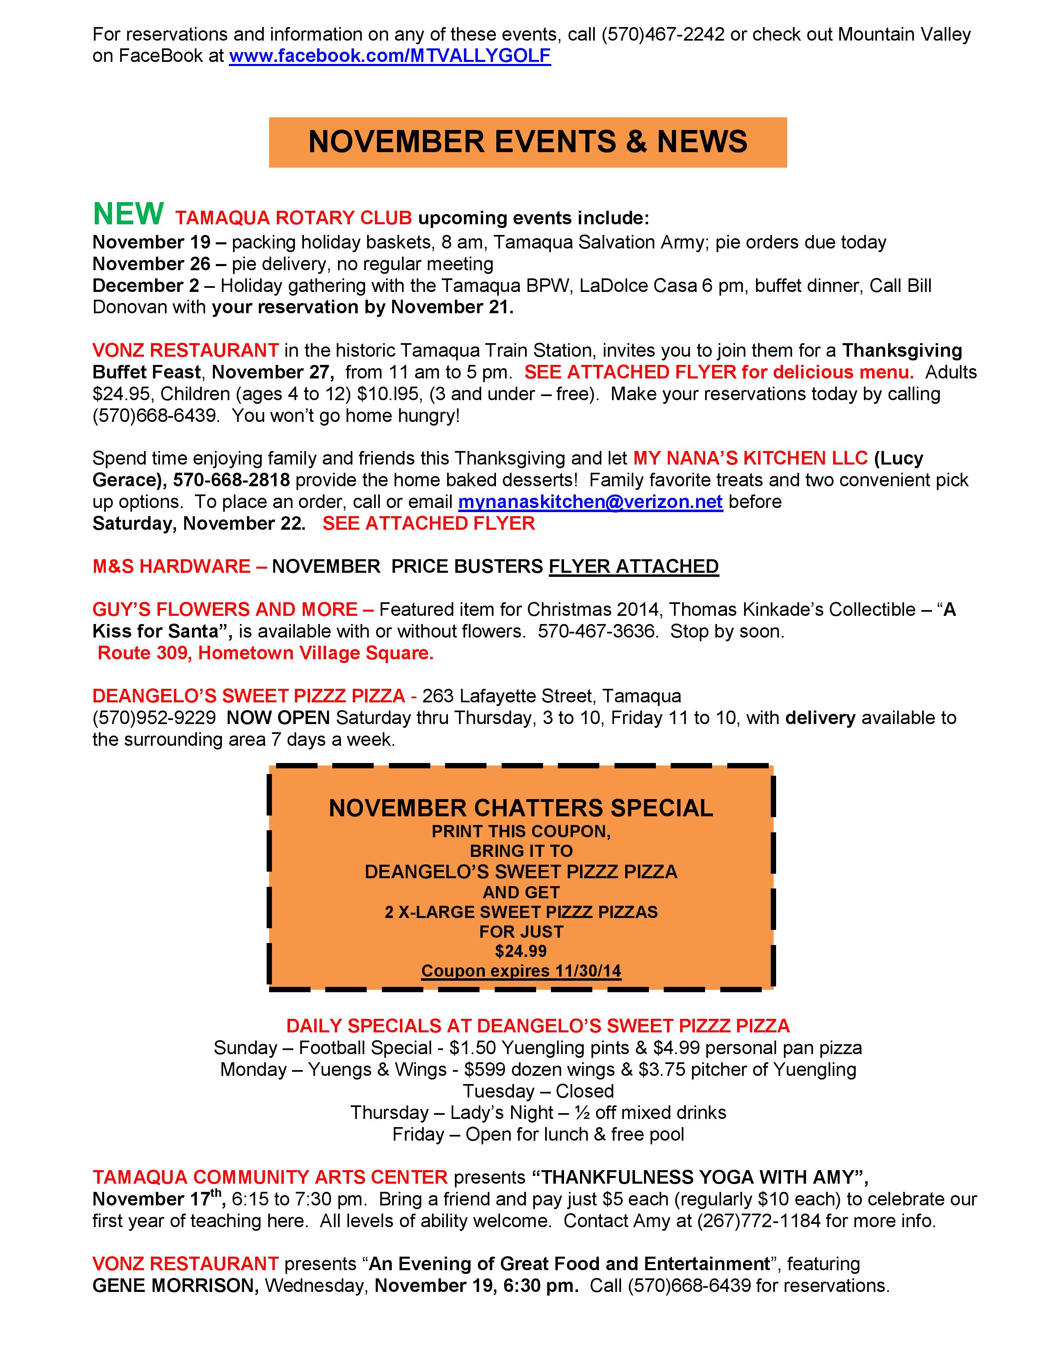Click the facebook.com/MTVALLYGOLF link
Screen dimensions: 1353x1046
[390, 57]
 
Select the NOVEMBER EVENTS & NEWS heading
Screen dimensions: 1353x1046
[528, 142]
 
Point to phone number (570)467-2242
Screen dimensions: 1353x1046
[662, 35]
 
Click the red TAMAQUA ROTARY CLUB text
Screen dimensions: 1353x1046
[293, 218]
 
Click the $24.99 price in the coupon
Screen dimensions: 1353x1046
[521, 950]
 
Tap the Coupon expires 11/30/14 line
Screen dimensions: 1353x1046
[521, 970]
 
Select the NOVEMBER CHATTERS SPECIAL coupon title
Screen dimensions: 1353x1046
[521, 808]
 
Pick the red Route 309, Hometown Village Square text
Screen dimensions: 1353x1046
[265, 653]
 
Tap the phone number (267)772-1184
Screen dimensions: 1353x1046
[758, 1221]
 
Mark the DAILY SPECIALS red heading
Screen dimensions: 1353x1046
[537, 1026]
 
